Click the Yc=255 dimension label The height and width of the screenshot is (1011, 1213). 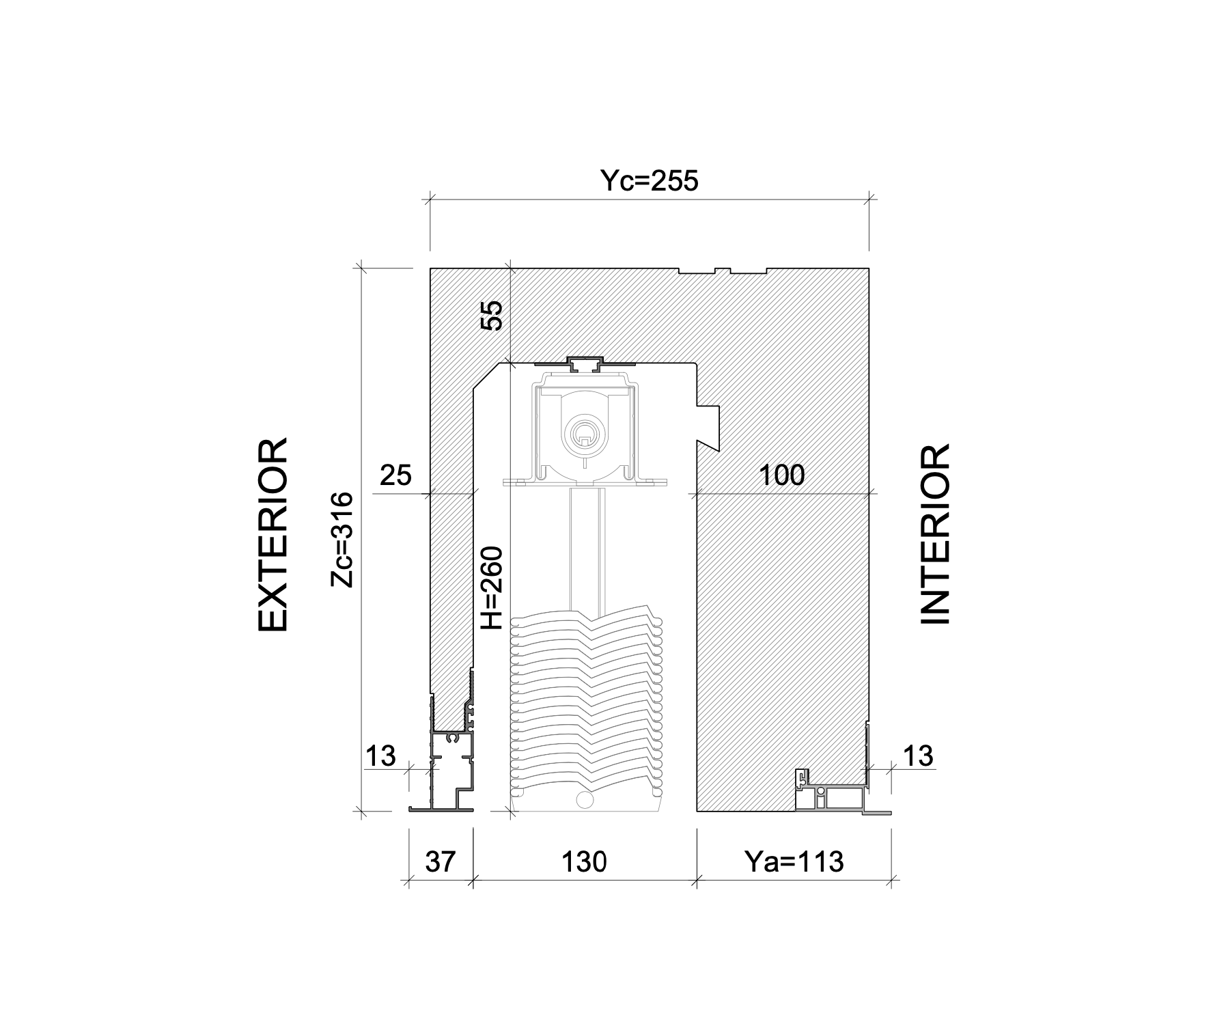(x=649, y=181)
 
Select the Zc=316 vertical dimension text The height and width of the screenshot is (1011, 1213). (x=341, y=539)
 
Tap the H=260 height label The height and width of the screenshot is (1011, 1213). (x=492, y=587)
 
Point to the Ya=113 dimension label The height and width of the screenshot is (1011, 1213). (x=794, y=861)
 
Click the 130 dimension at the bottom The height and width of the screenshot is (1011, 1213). (x=584, y=861)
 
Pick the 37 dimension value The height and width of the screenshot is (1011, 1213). (x=441, y=861)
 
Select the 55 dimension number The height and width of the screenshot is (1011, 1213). (x=492, y=316)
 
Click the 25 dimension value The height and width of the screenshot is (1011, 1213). (x=396, y=475)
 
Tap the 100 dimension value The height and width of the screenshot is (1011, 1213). (x=783, y=475)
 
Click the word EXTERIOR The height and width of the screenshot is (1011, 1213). (x=273, y=535)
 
